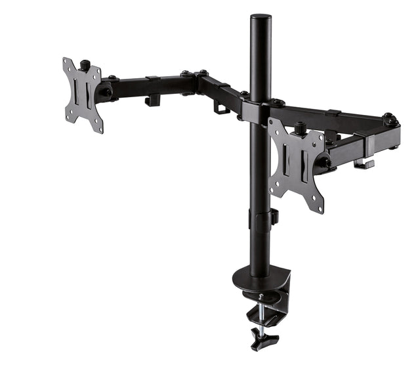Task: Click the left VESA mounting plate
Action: pyautogui.click(x=83, y=95)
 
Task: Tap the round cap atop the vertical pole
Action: pyautogui.click(x=261, y=17)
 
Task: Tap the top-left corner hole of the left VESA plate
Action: pyautogui.click(x=67, y=63)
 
